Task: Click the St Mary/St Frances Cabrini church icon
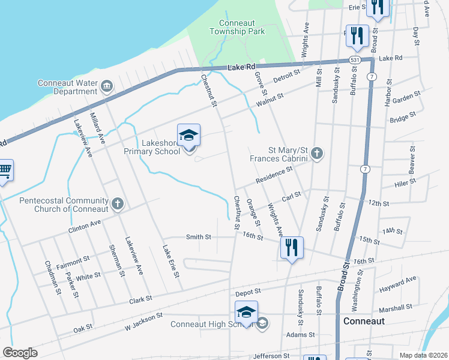317,154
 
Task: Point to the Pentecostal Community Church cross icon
118,204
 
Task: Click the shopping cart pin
5,172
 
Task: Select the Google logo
20,353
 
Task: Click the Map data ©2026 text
424,355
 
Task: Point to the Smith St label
199,237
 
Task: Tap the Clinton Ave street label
85,224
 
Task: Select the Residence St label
273,175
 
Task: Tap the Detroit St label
286,76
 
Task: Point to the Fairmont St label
73,262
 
